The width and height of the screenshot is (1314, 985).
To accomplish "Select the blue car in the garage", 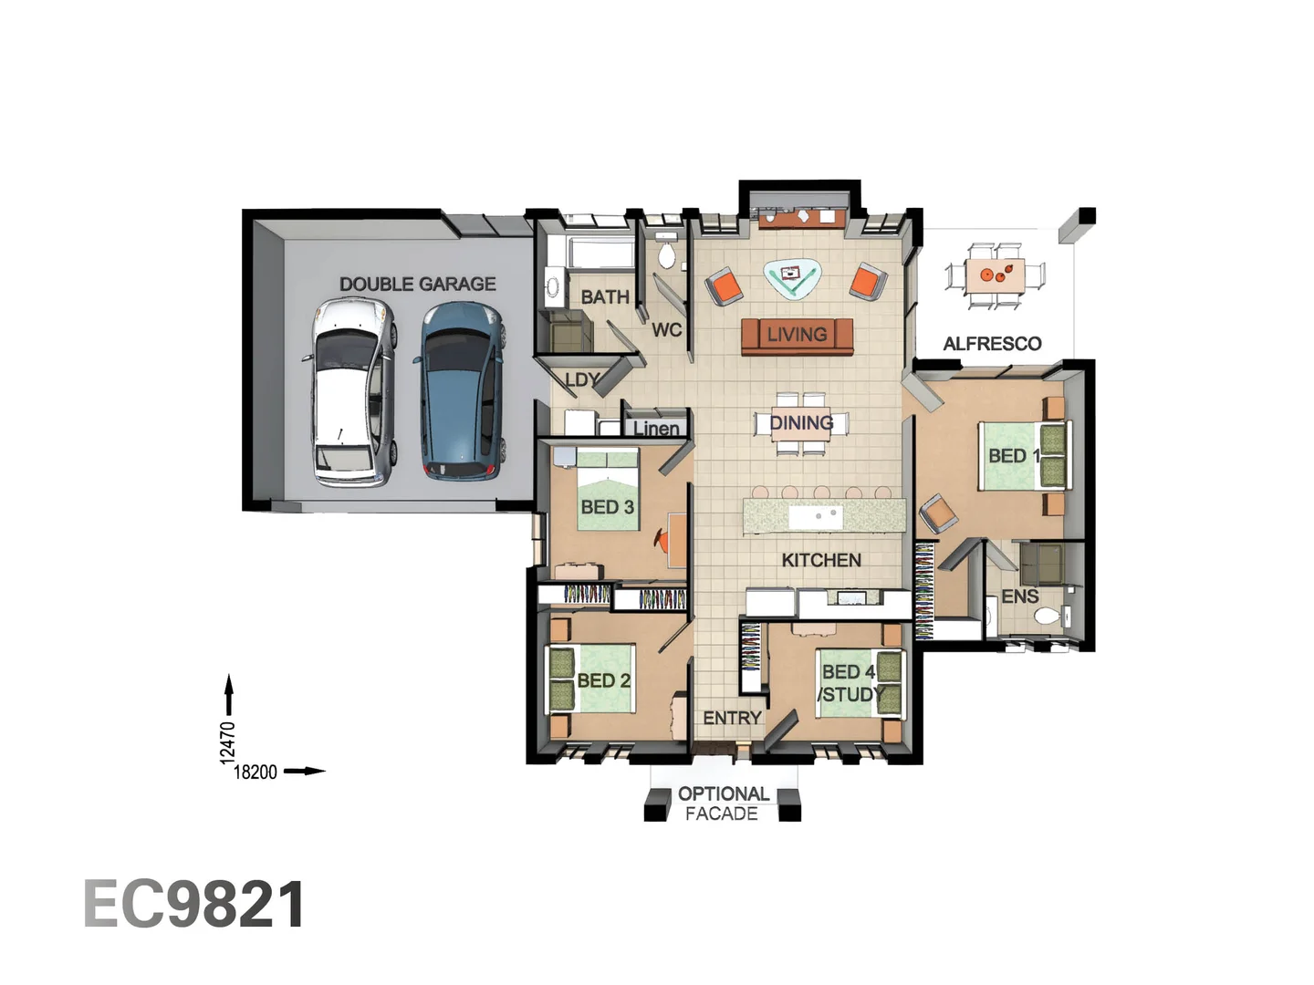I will pyautogui.click(x=462, y=392).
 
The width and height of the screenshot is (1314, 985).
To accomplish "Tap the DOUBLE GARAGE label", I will pyautogui.click(x=417, y=285).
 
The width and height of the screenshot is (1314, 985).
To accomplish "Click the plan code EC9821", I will pyautogui.click(x=194, y=905).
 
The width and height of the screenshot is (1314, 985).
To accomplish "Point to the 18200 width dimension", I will pyautogui.click(x=255, y=772).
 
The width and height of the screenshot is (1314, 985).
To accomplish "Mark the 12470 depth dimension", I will pyautogui.click(x=228, y=741).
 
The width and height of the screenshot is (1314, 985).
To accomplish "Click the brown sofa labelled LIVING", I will pyautogui.click(x=797, y=336).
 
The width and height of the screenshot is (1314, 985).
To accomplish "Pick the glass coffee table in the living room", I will pyautogui.click(x=791, y=277).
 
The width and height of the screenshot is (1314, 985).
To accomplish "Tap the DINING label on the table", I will pyautogui.click(x=801, y=423).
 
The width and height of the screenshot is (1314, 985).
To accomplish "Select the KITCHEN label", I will pyautogui.click(x=820, y=560).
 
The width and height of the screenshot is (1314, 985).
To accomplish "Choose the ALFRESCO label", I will pyautogui.click(x=992, y=344).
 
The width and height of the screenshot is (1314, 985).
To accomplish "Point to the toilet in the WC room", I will pyautogui.click(x=667, y=255).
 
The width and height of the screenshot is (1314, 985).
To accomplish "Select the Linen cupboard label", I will pyautogui.click(x=656, y=428).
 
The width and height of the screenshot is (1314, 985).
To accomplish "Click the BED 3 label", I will pyautogui.click(x=607, y=507).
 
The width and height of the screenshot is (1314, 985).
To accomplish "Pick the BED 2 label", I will pyautogui.click(x=603, y=680).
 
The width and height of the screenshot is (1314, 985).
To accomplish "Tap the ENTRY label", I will pyautogui.click(x=732, y=719).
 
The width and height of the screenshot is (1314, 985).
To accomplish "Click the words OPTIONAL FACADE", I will pyautogui.click(x=723, y=804).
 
